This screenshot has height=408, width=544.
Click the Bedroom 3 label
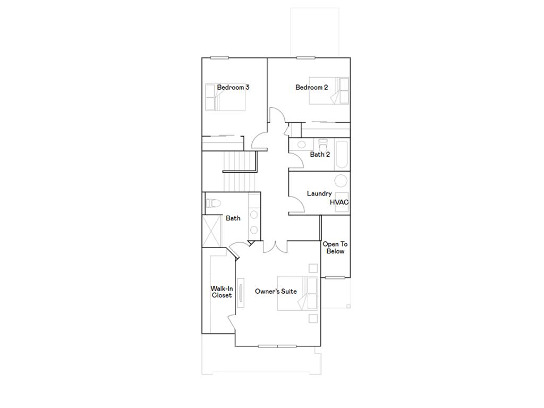tap(233, 87)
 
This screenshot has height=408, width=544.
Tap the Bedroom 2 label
tap(311, 87)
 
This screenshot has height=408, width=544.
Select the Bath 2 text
tap(320, 155)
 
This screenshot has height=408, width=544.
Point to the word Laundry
tap(319, 193)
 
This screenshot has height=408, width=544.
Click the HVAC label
tap(339, 202)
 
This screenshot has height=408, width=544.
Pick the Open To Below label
tap(335, 248)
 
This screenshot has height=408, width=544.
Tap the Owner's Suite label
tap(276, 291)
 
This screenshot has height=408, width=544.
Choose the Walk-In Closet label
tap(222, 292)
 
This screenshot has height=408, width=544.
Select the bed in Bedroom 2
tap(329, 91)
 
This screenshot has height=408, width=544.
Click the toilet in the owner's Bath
tap(212, 202)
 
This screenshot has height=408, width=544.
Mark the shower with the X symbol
tap(211, 231)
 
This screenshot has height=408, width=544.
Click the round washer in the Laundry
tap(341, 181)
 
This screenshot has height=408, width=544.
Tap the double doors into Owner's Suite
tap(276, 245)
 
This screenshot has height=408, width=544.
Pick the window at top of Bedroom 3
tap(219, 57)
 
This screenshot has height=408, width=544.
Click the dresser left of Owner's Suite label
tap(241, 293)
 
